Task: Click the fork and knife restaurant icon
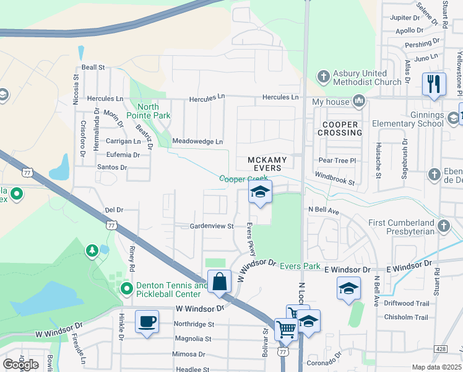(434, 83)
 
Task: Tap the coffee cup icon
(147, 322)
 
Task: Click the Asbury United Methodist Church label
(367, 77)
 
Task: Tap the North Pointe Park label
(148, 111)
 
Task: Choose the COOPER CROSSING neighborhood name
(340, 128)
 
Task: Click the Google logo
(20, 365)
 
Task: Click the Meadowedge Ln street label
(197, 141)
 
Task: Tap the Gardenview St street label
(211, 227)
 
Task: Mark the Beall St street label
(93, 67)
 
